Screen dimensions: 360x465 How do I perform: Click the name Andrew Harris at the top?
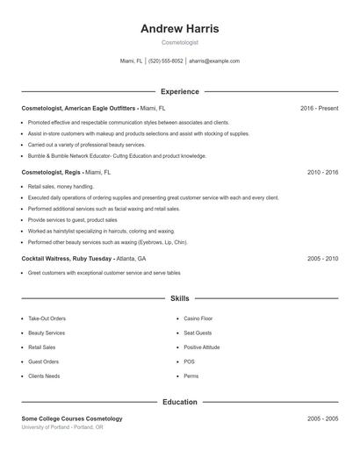(x=180, y=28)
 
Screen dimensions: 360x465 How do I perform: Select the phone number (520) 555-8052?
(x=166, y=61)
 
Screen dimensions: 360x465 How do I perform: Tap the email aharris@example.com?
(x=214, y=61)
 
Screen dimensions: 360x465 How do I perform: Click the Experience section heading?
(x=180, y=91)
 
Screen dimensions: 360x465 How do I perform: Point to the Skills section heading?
(x=180, y=299)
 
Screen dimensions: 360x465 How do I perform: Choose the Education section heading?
(x=180, y=402)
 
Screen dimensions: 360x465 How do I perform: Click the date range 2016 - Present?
(x=319, y=108)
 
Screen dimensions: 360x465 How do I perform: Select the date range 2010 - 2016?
(x=322, y=173)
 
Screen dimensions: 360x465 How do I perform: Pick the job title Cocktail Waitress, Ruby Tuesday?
(x=67, y=260)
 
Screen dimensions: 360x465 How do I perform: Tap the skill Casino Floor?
(x=198, y=318)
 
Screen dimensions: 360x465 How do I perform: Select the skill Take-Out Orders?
(x=47, y=318)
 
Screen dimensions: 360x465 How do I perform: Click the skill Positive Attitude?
(x=202, y=347)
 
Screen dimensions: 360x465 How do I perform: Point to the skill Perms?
(x=191, y=376)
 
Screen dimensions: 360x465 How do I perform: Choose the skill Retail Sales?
(x=42, y=347)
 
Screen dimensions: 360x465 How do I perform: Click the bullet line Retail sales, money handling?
(x=61, y=187)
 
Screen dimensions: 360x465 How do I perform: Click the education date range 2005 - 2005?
(x=322, y=419)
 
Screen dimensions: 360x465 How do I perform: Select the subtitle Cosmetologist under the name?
(x=180, y=42)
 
